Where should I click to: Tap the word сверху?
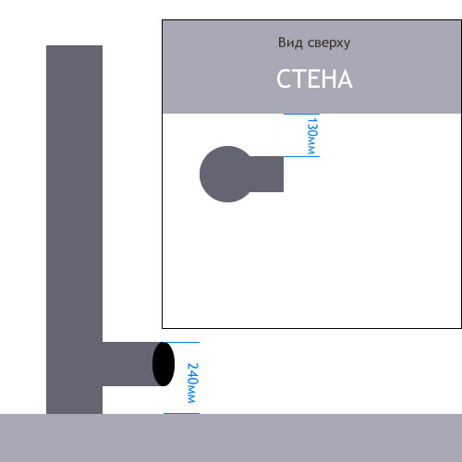[x=329, y=43]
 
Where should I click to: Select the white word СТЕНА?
[x=314, y=79]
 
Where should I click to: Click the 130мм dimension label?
[x=311, y=136]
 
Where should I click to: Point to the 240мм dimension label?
[x=193, y=383]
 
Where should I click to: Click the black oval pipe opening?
[x=164, y=364]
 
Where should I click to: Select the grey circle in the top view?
[x=227, y=174]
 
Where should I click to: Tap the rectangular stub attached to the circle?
[x=266, y=174]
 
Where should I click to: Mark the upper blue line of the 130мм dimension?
[x=301, y=114]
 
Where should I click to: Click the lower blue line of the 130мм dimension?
[x=301, y=156]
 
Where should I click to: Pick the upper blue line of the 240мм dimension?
[x=181, y=342]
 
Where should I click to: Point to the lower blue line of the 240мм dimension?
[x=181, y=413]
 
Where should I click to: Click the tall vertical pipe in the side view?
[x=74, y=229]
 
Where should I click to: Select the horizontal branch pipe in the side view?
[x=129, y=364]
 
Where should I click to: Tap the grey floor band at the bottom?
[x=231, y=438]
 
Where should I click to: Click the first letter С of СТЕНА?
[x=284, y=79]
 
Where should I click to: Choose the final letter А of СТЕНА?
[x=346, y=79]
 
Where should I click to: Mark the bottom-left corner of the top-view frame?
[x=163, y=328]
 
